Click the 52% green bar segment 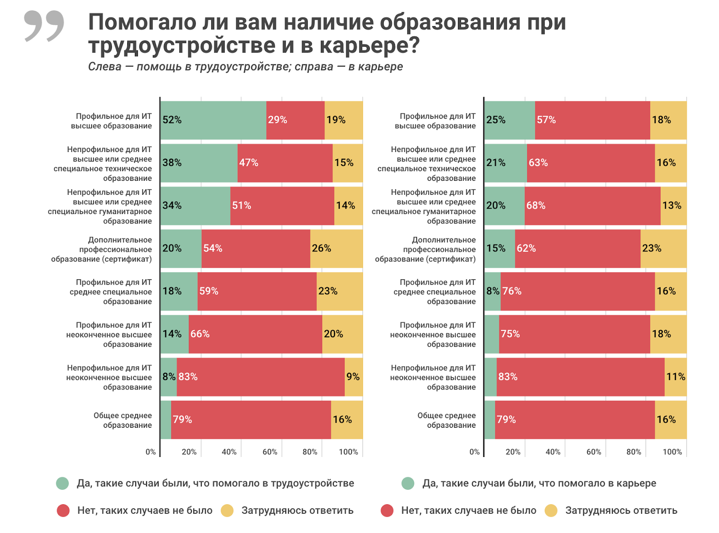(213, 120)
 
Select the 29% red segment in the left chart (295, 120)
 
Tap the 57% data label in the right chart (546, 120)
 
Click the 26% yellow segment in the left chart (336, 248)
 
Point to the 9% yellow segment (353, 377)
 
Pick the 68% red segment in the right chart (592, 206)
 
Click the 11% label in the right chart (675, 377)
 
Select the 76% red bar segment (577, 291)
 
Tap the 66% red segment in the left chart (255, 334)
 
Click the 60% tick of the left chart (270, 452)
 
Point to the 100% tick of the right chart (672, 452)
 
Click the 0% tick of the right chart (475, 452)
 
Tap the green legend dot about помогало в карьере (408, 484)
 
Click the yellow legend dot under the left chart (227, 511)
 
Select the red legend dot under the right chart (387, 511)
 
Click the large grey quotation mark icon (44, 26)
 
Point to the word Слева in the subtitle (105, 67)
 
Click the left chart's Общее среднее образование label (123, 420)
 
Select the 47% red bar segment (285, 163)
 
